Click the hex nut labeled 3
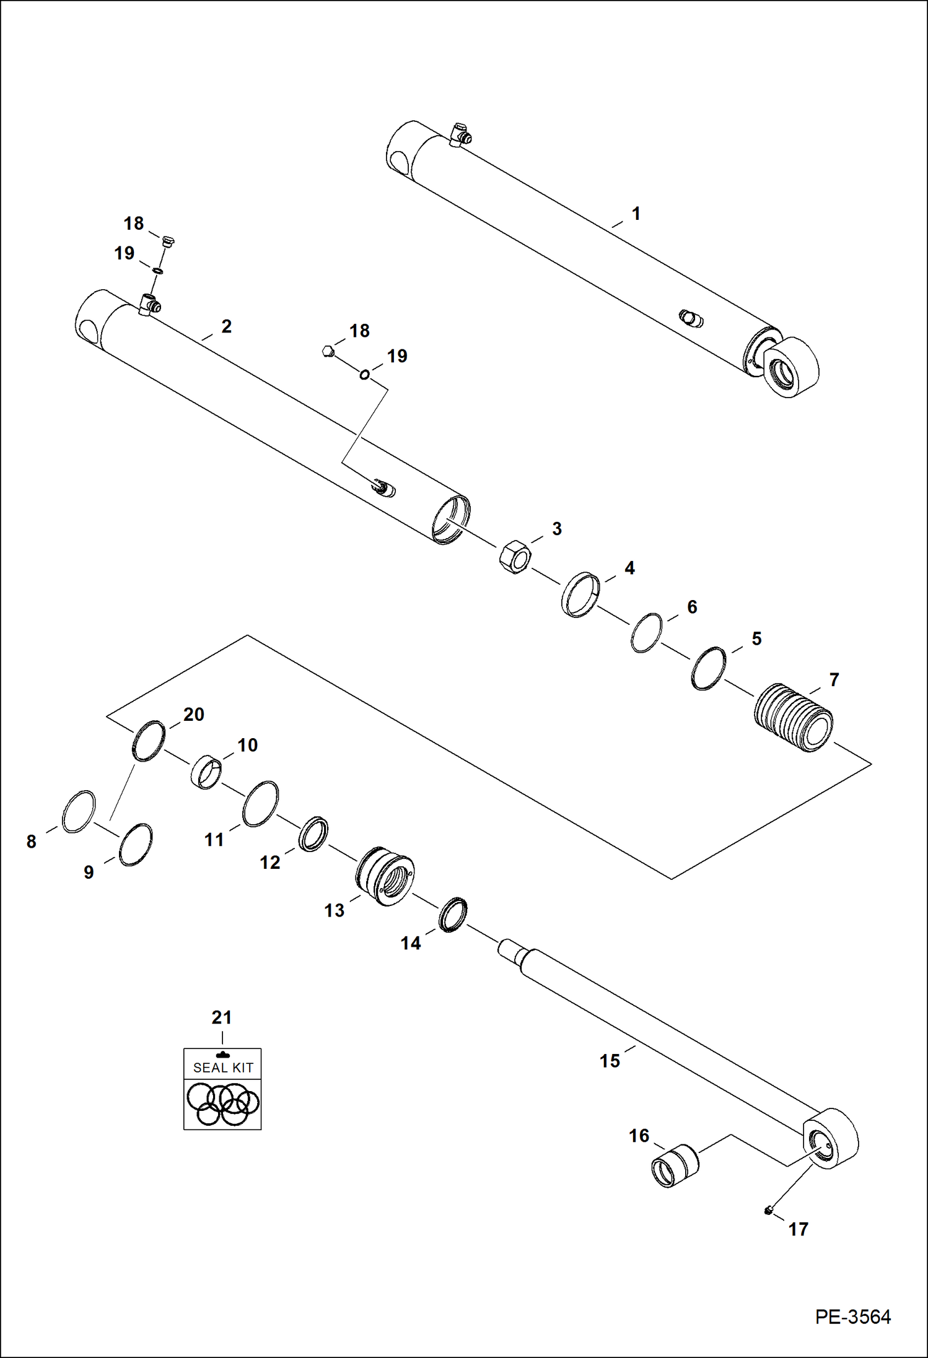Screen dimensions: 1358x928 [514, 556]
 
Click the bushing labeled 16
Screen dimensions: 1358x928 [675, 1165]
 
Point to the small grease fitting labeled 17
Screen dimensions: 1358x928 [769, 1210]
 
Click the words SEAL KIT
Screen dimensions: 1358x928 [223, 1068]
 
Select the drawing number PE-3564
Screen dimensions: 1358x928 [852, 1317]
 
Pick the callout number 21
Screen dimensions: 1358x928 [221, 1017]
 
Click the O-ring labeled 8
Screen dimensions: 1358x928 [79, 811]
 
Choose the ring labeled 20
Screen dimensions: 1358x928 [149, 741]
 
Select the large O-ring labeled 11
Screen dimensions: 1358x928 [260, 804]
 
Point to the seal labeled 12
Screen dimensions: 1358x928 [313, 834]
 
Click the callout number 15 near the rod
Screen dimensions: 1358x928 [610, 1061]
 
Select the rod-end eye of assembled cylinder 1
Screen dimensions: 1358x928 [792, 368]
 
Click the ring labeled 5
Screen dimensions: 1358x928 [708, 668]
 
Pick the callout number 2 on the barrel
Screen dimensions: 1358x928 [226, 326]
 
